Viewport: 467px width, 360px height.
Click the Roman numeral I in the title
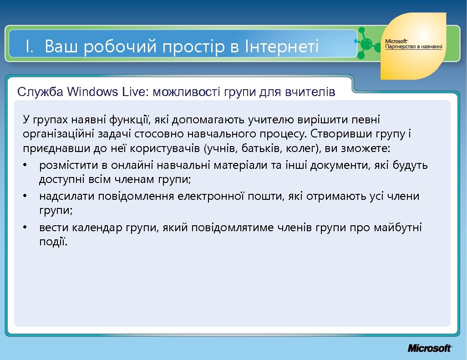tap(28, 46)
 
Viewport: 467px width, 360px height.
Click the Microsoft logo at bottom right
tap(429, 348)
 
